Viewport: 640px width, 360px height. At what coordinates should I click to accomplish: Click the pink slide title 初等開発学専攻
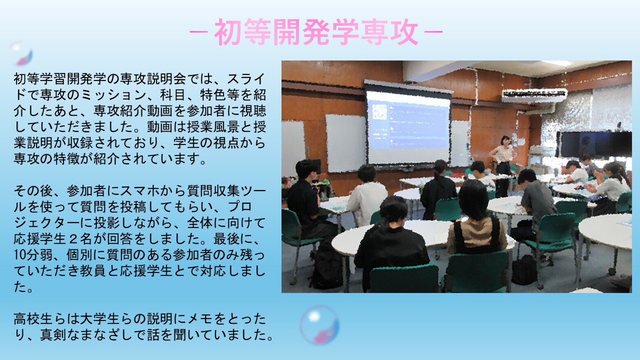click(316, 32)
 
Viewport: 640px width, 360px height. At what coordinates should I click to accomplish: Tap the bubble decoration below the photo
click(319, 325)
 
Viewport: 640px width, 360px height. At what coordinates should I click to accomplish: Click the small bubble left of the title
click(21, 53)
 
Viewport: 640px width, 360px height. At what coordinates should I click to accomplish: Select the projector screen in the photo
click(408, 125)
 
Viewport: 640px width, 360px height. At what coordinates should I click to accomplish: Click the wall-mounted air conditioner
click(534, 95)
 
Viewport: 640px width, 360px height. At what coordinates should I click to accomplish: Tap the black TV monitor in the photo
click(594, 144)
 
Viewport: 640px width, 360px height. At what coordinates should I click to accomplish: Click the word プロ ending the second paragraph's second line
click(240, 207)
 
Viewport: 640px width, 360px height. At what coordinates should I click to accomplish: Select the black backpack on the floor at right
click(524, 270)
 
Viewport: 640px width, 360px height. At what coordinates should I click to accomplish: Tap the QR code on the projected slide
click(379, 112)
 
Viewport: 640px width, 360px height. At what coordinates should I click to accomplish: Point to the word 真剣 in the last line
click(53, 335)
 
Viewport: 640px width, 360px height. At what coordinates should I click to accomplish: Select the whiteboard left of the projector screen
click(345, 143)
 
